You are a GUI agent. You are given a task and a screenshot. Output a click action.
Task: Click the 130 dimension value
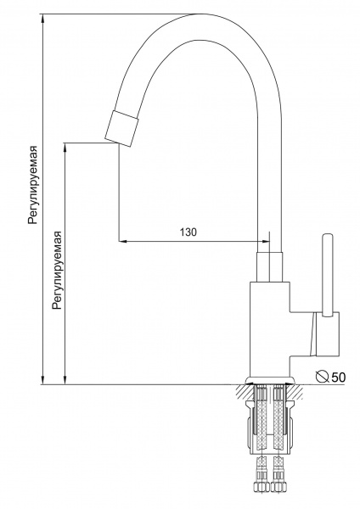(x=188, y=232)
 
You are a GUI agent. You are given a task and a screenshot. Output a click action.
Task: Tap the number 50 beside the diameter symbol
(x=338, y=378)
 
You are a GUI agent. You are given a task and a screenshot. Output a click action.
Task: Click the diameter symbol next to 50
(x=323, y=377)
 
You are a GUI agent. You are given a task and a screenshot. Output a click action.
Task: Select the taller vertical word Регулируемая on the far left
(x=33, y=185)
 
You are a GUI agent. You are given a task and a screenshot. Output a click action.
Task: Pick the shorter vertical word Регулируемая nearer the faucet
(x=57, y=270)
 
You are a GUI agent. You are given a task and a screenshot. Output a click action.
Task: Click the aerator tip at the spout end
(x=122, y=129)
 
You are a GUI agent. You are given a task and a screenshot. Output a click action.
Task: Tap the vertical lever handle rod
(x=327, y=274)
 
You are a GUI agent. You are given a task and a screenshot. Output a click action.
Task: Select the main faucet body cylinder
(x=269, y=330)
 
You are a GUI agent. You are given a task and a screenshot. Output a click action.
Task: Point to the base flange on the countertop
(x=270, y=381)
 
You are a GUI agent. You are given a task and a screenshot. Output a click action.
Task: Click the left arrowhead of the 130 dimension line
(x=122, y=241)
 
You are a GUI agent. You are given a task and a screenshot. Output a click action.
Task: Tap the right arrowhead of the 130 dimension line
(x=266, y=241)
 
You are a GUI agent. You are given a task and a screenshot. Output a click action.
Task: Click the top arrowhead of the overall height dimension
(x=42, y=19)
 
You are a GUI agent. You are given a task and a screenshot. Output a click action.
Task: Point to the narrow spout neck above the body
(x=269, y=266)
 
